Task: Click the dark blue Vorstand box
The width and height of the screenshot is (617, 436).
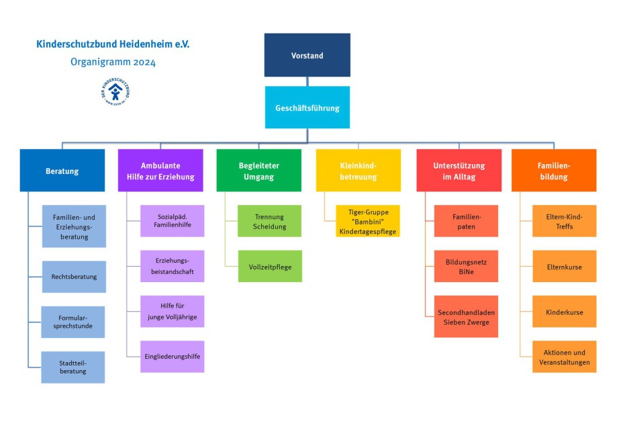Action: click(x=307, y=55)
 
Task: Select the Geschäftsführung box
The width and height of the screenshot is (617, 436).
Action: click(x=307, y=107)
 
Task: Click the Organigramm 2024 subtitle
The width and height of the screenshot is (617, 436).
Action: click(x=113, y=62)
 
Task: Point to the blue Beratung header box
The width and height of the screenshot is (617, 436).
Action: click(x=62, y=171)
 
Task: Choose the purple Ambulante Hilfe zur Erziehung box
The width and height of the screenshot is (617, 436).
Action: click(x=160, y=171)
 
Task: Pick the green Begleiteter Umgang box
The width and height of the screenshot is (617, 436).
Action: click(x=258, y=171)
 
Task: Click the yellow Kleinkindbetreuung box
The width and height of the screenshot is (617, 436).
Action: click(x=358, y=171)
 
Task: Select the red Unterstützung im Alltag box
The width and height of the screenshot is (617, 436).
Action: click(x=459, y=171)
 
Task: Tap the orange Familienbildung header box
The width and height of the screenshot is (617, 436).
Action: click(x=553, y=171)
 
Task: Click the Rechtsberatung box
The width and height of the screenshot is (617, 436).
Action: click(x=74, y=277)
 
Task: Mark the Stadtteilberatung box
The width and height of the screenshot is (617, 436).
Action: click(x=73, y=367)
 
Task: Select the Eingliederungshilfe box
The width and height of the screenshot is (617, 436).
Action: click(x=172, y=356)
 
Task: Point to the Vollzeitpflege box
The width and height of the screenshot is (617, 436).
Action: click(x=269, y=267)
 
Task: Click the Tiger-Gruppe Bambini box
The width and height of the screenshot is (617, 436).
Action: click(x=367, y=221)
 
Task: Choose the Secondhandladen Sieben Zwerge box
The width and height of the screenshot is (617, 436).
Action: click(x=465, y=317)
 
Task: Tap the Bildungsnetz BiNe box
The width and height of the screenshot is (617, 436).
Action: click(x=465, y=267)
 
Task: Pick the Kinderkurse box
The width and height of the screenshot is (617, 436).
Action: click(x=564, y=312)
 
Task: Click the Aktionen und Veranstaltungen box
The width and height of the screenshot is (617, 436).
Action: click(x=564, y=357)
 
